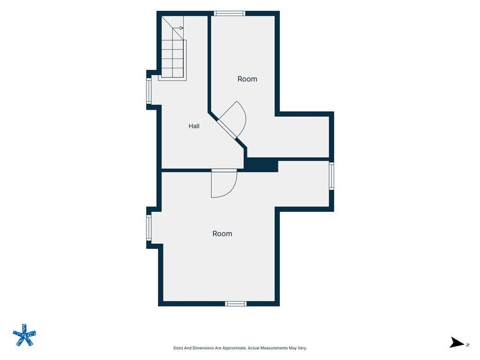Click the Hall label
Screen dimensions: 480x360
[194, 126]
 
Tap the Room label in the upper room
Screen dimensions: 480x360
[247, 79]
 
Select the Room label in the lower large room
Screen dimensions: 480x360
[222, 233]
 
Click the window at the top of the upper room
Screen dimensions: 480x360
[230, 13]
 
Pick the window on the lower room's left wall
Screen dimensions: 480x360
[149, 227]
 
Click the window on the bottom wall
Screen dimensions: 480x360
[236, 303]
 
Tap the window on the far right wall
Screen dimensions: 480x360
[331, 176]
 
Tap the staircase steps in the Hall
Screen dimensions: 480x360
[173, 58]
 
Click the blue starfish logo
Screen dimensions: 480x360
[24, 335]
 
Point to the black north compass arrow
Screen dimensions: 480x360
[457, 343]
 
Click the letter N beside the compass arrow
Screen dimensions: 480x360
[468, 345]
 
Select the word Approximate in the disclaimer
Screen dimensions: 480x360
[234, 348]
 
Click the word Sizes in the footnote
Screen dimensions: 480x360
[178, 348]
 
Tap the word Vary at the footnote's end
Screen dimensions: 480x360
[302, 348]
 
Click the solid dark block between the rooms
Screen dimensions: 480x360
[261, 165]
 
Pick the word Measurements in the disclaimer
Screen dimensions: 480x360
[273, 348]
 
